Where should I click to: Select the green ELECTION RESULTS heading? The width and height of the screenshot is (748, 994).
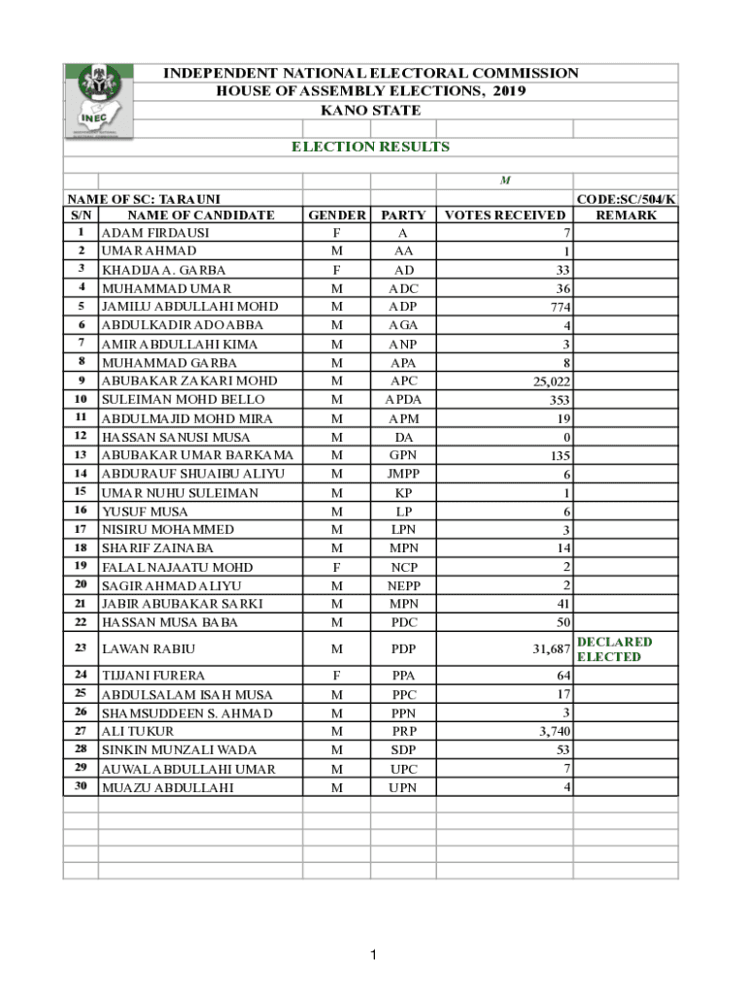pos(371,147)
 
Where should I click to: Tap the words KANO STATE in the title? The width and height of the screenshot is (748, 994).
pos(371,110)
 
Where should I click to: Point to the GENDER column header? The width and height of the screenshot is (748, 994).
pos(336,215)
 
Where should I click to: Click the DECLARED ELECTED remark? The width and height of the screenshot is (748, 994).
pos(614,649)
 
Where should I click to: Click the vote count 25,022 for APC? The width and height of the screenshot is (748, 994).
pos(548,381)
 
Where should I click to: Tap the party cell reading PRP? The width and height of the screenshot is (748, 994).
pos(403,732)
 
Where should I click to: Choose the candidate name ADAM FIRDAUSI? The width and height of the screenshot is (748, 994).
pos(155,233)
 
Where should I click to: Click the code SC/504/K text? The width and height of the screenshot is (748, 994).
pos(626,199)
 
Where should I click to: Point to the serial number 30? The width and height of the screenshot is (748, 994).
pos(81,786)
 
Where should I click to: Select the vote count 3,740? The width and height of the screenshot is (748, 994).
pos(552,732)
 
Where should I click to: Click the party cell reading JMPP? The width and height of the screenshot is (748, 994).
pos(403,474)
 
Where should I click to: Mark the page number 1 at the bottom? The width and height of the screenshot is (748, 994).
pos(372,956)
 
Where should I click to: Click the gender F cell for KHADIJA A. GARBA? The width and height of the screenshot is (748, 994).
pos(336,270)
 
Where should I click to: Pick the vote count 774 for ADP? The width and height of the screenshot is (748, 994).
pos(557,307)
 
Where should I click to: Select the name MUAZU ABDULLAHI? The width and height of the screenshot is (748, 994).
pos(168,788)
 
